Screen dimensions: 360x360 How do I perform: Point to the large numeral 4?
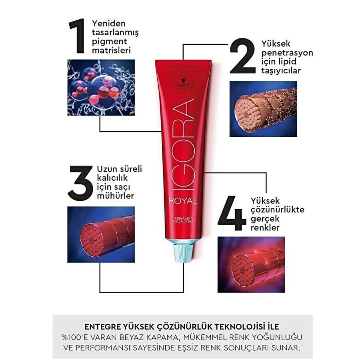[x=232, y=213]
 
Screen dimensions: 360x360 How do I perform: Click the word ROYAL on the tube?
[x=183, y=201]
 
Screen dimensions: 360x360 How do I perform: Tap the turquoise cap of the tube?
[x=183, y=252]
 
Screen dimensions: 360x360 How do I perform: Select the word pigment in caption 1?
[x=110, y=42]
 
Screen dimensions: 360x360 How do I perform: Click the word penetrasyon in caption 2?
[x=287, y=53]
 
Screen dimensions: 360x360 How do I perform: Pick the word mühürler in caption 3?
[x=116, y=196]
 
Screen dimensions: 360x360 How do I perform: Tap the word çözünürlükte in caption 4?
[x=278, y=210]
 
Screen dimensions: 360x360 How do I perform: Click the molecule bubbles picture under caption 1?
[x=101, y=88]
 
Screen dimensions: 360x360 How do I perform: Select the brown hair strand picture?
[x=263, y=109]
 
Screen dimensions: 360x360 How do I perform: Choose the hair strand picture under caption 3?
[x=101, y=234]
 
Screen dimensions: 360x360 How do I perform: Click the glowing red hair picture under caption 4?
[x=251, y=265]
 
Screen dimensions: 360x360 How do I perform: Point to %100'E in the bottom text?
[x=75, y=337]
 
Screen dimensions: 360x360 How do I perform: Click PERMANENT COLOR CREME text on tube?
[x=183, y=220]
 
